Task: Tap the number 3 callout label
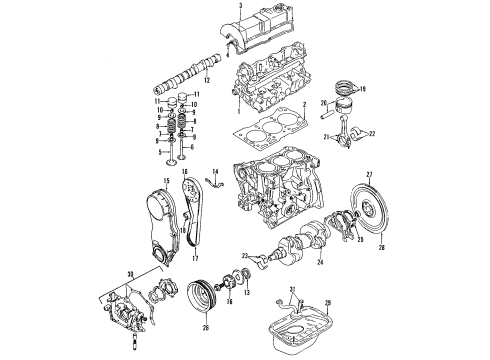click(x=240, y=6)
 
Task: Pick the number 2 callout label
click(x=304, y=105)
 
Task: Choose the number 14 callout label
click(x=214, y=173)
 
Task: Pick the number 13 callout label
click(x=246, y=306)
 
